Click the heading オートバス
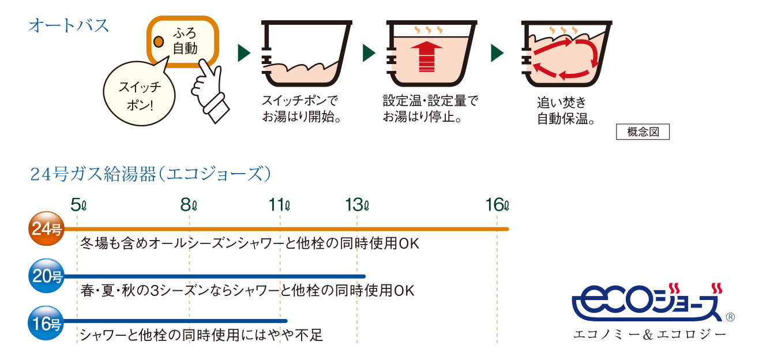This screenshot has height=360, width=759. (x=69, y=26)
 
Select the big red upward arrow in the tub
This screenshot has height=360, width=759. (x=426, y=55)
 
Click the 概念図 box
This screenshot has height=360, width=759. (x=642, y=132)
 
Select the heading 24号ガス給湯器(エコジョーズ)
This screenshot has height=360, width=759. (x=150, y=174)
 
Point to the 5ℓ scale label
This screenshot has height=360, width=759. (x=78, y=204)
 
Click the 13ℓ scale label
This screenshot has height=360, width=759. (x=358, y=204)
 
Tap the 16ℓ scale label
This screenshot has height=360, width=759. (x=498, y=204)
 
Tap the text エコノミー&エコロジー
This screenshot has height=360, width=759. (x=649, y=334)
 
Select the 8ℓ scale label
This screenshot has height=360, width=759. (x=189, y=204)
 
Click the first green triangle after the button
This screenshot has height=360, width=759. (x=244, y=54)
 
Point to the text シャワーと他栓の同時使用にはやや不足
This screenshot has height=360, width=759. (x=201, y=335)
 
